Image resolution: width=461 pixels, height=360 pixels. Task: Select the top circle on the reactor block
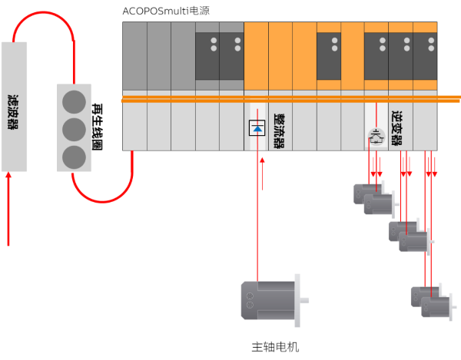click(74, 101)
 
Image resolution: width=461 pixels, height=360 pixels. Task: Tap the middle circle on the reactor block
click(74, 129)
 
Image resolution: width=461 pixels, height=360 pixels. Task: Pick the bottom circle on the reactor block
click(74, 157)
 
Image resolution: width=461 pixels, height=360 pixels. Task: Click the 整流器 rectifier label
click(279, 130)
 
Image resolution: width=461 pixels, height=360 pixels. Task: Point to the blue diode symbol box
click(257, 127)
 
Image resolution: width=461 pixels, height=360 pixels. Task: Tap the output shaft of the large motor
click(305, 299)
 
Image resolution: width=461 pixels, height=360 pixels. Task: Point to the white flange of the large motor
click(297, 299)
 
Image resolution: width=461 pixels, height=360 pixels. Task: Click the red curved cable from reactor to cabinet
click(104, 196)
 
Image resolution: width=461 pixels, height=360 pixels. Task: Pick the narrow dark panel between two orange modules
click(329, 56)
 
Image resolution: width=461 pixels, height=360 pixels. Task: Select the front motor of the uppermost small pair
click(379, 204)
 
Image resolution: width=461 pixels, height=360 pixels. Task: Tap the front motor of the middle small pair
click(413, 242)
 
